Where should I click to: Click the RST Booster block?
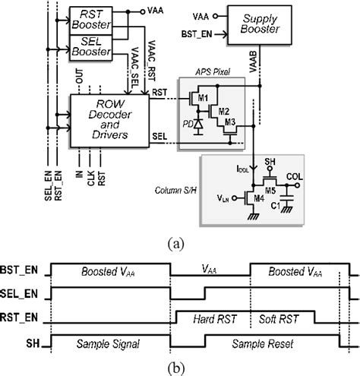click(90, 19)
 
